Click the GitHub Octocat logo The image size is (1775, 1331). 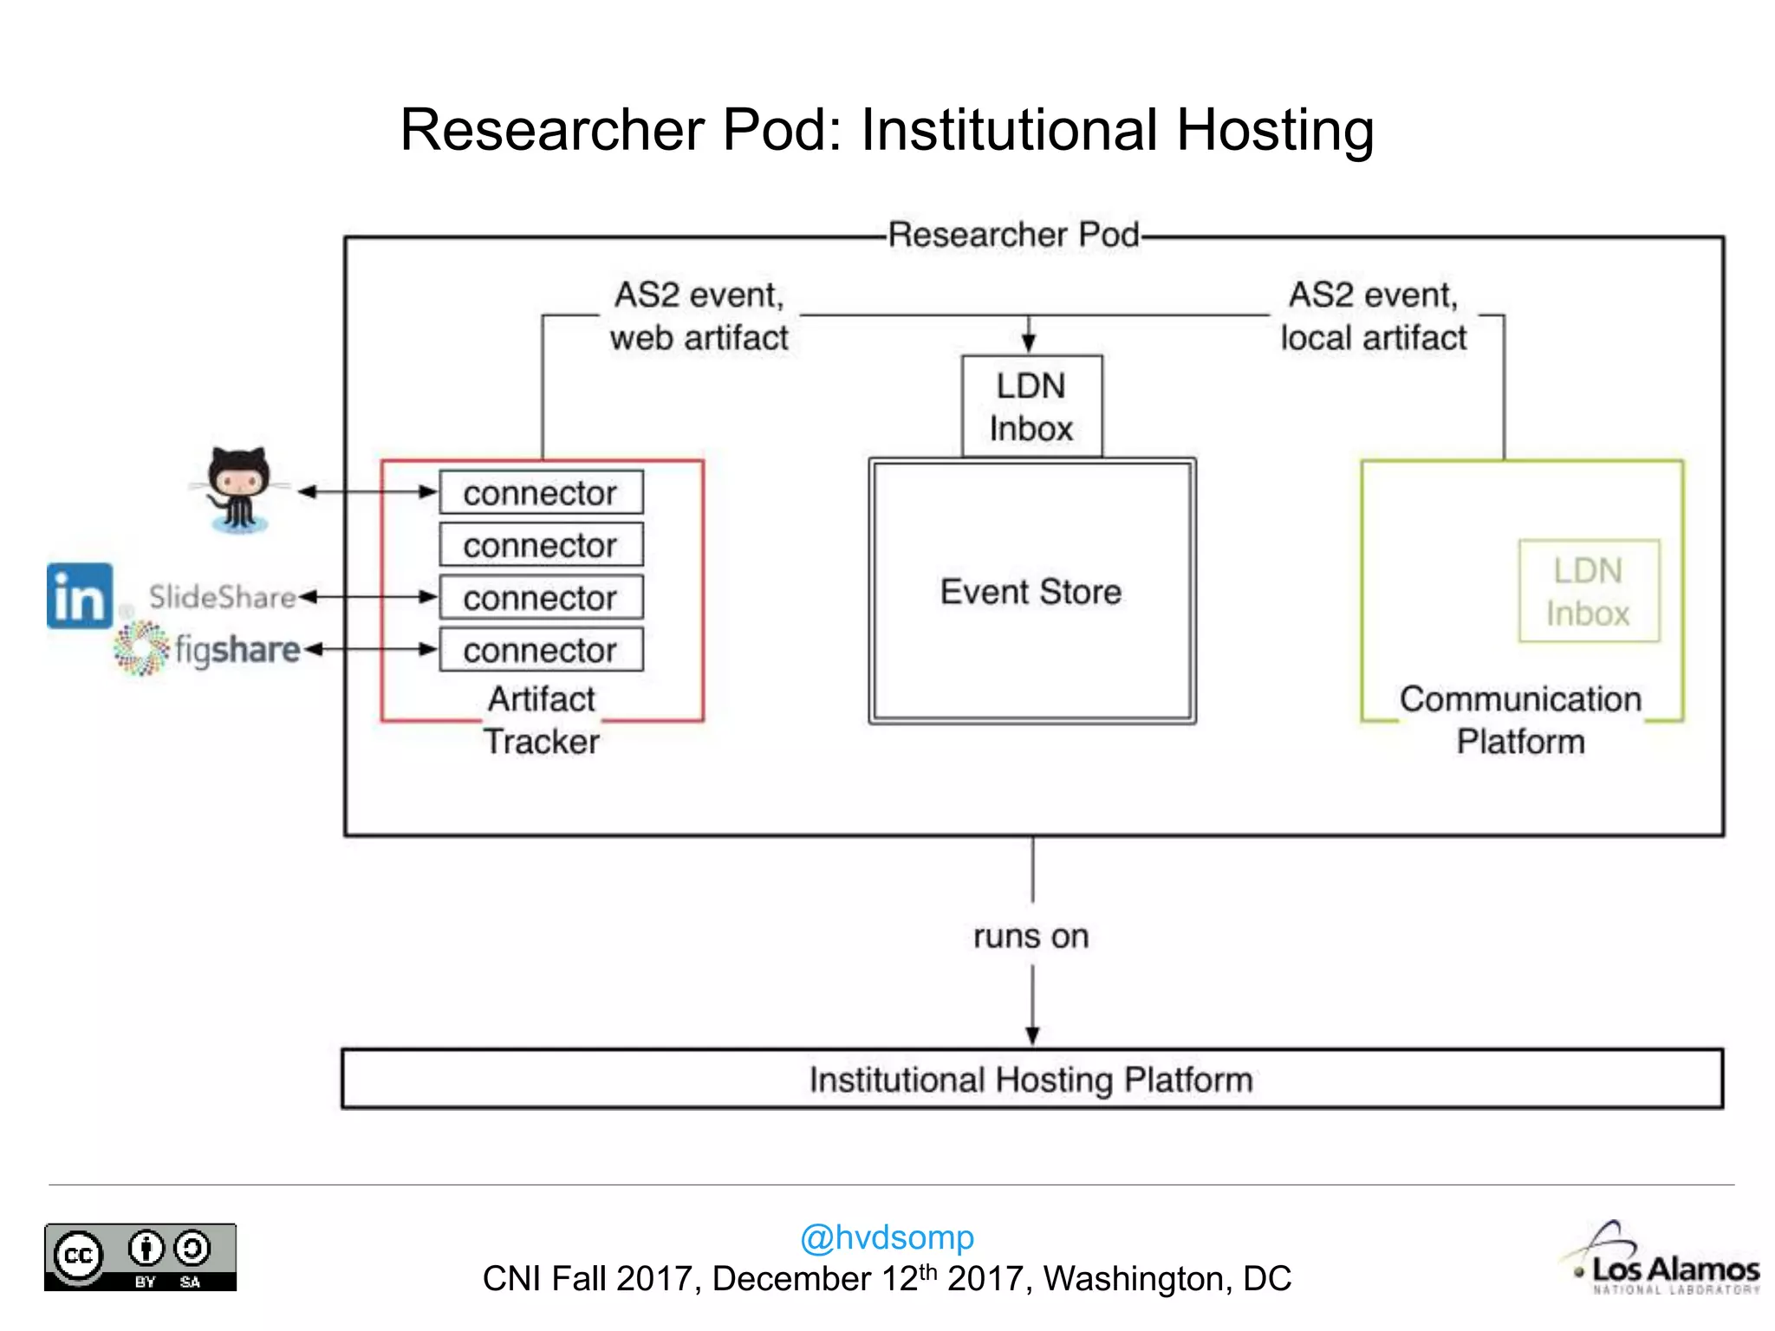click(238, 490)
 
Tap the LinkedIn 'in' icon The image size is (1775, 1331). click(79, 596)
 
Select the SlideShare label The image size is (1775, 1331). click(222, 597)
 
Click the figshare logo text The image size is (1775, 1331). click(237, 649)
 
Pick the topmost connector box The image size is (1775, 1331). click(541, 492)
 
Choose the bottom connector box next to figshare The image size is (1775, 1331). click(541, 650)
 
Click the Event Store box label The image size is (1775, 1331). click(1031, 592)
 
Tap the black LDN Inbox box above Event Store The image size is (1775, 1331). click(1031, 406)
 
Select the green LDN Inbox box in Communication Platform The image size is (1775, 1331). click(1588, 592)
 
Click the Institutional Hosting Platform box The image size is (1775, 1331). click(1031, 1080)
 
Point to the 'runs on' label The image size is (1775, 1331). click(1031, 937)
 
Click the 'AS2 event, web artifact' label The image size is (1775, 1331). click(699, 316)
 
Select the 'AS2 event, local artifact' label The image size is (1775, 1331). click(1374, 316)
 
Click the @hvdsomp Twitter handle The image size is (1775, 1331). click(887, 1237)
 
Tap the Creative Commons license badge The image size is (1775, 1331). click(140, 1257)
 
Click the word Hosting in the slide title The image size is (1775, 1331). click(1274, 130)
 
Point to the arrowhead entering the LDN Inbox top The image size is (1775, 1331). click(1029, 344)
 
